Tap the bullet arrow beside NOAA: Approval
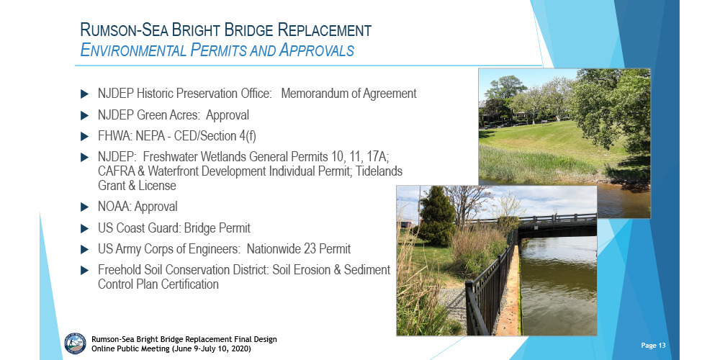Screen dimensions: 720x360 pos(84,207)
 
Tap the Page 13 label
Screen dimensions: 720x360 pos(654,346)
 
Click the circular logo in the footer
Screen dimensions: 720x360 pos(75,343)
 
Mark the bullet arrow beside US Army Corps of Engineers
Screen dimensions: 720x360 pos(84,249)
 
